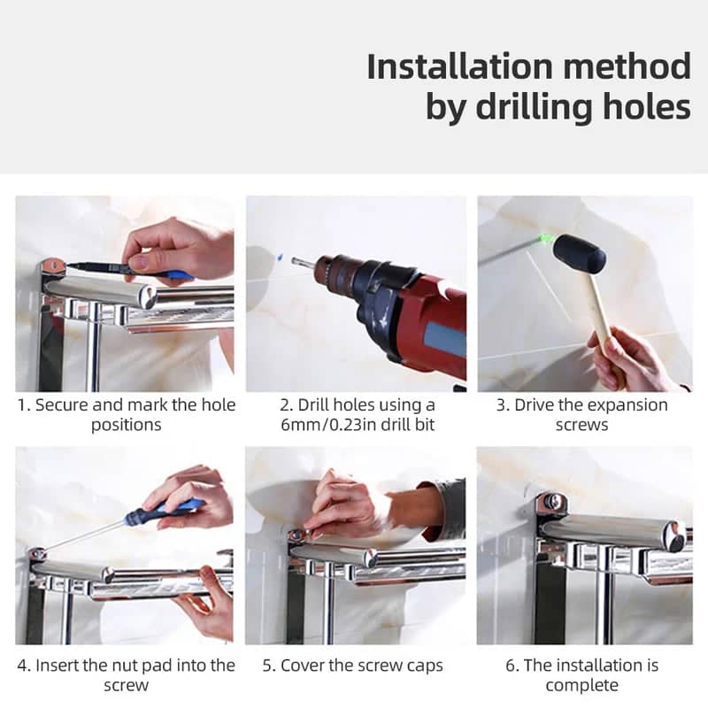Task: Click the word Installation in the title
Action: [459, 66]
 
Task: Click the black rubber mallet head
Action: [580, 254]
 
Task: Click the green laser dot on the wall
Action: [545, 237]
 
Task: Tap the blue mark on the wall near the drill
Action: [280, 258]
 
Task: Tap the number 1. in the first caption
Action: [24, 405]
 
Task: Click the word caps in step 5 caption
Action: [424, 666]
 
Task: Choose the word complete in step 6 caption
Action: [582, 685]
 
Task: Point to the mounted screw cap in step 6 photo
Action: [551, 502]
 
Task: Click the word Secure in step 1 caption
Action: [61, 405]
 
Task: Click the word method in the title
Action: [627, 66]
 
